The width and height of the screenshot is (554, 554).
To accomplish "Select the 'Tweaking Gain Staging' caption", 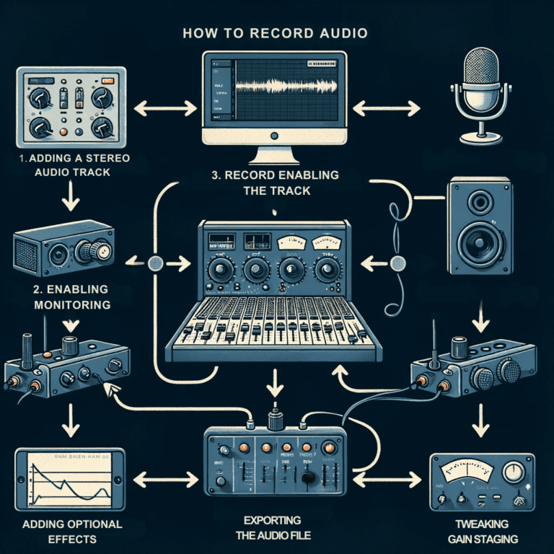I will (x=481, y=530).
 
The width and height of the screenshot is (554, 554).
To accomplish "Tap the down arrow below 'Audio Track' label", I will (x=70, y=198).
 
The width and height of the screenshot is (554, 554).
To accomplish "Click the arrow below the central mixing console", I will (x=276, y=381).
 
